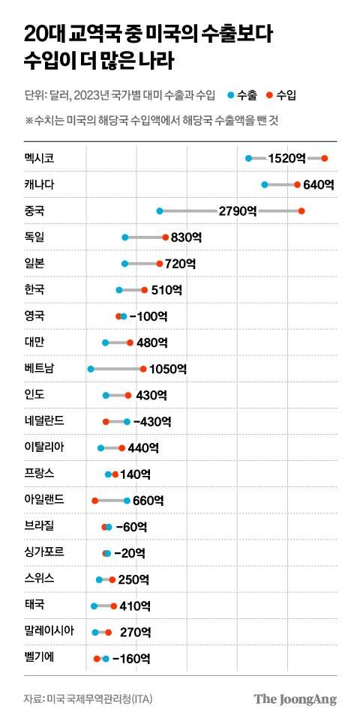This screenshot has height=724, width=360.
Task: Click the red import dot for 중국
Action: [x=301, y=211]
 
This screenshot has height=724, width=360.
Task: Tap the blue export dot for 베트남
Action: [x=90, y=369]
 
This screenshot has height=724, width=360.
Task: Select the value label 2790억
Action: [x=238, y=211]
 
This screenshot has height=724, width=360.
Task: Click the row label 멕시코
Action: [x=39, y=158]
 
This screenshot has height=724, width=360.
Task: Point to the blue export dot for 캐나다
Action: [x=264, y=184]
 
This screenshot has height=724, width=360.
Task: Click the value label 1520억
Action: [x=287, y=158]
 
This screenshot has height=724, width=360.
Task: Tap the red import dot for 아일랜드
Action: [x=94, y=500]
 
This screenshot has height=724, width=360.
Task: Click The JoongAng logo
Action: [x=295, y=699]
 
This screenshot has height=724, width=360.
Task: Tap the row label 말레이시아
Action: [x=49, y=630]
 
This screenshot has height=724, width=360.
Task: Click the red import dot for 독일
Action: [x=166, y=238]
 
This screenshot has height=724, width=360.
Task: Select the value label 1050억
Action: [x=168, y=369]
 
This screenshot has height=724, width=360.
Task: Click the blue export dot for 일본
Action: [x=124, y=264]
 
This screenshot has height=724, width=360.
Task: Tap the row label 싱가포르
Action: [x=44, y=552]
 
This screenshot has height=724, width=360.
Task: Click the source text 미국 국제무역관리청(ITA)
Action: [x=92, y=699]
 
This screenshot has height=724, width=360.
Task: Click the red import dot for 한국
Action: [x=145, y=289]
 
